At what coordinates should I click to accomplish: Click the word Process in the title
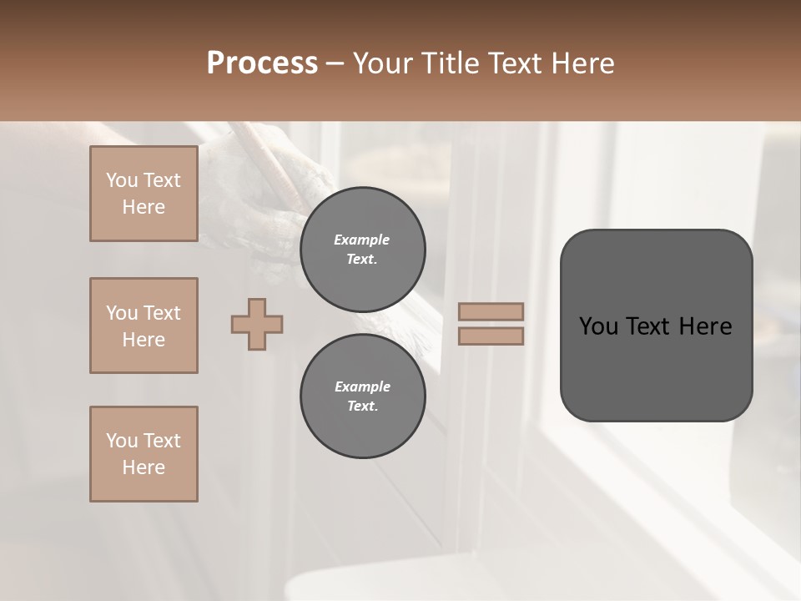[x=262, y=63]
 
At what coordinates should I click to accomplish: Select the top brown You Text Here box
[x=144, y=194]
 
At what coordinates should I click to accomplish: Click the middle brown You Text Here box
[x=144, y=326]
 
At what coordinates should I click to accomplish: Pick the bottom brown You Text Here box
[x=144, y=454]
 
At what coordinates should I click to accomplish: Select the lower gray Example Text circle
[x=362, y=396]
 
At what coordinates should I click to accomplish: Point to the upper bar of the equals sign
[x=491, y=311]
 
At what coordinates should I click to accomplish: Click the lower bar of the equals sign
[x=491, y=336]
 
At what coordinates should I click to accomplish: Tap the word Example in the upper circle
[x=362, y=240]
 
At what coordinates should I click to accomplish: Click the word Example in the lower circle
[x=362, y=386]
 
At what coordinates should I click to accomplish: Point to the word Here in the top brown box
[x=144, y=207]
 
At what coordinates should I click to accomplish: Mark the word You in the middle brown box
[x=120, y=313]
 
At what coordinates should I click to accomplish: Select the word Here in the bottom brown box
[x=144, y=467]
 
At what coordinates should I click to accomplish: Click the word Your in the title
[x=384, y=63]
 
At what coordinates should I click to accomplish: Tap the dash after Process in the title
[x=335, y=63]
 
